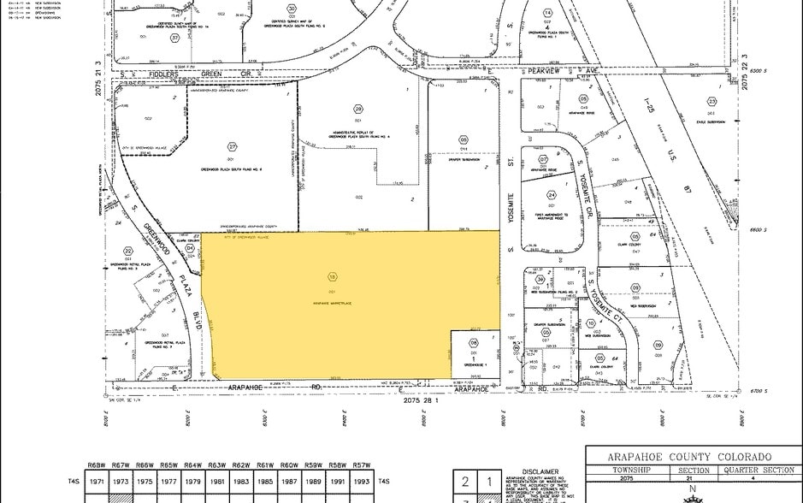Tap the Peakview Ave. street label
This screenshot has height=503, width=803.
pyautogui.click(x=547, y=74)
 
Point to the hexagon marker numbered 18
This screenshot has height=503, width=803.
pyautogui.click(x=332, y=276)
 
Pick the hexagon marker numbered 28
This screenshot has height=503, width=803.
pyautogui.click(x=358, y=109)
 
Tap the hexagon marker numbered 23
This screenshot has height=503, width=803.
pyautogui.click(x=711, y=102)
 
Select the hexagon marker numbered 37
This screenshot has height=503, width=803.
pyautogui.click(x=175, y=38)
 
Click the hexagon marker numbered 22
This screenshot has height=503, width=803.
pyautogui.click(x=128, y=251)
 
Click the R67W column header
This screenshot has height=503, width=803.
pyautogui.click(x=121, y=465)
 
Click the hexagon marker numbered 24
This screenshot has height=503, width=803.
pyautogui.click(x=552, y=195)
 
